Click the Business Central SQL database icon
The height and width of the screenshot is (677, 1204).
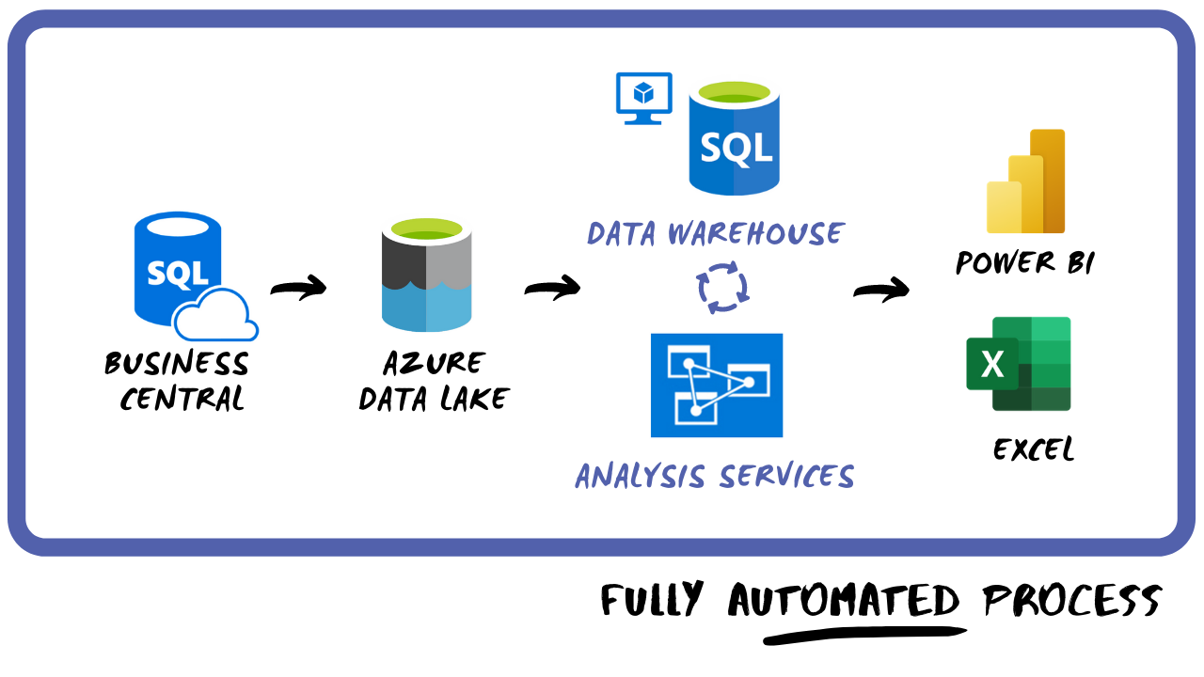[179, 268]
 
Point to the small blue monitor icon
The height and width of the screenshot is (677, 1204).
[643, 96]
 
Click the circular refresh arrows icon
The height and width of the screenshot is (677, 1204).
[723, 286]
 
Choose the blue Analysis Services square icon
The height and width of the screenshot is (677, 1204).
[717, 386]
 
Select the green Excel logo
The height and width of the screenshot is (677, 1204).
[1019, 364]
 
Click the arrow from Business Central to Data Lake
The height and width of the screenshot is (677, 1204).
[298, 289]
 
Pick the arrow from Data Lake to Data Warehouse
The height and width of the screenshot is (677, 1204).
[552, 289]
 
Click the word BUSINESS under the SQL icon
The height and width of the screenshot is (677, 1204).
[177, 364]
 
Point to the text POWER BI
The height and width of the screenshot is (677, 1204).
[1024, 262]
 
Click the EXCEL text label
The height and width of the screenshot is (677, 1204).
[1033, 449]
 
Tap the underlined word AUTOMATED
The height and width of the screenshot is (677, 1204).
[844, 600]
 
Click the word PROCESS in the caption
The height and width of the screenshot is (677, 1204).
[1071, 600]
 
